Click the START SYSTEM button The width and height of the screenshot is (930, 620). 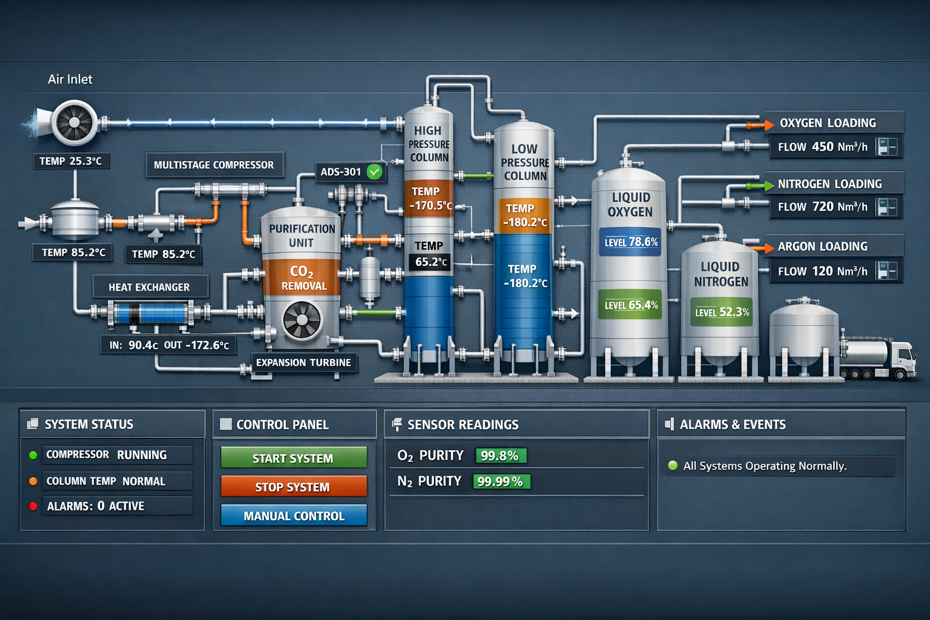tap(294, 458)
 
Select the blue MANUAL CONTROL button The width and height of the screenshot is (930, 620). tap(294, 516)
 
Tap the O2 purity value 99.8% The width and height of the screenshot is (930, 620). tap(500, 456)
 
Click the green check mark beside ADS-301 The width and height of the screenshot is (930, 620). tap(375, 172)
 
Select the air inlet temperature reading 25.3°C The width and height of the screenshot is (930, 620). tap(71, 161)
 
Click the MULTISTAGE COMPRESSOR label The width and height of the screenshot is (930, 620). tap(214, 165)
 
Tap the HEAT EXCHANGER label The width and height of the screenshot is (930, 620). tap(149, 287)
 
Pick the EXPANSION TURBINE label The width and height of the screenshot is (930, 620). tap(303, 363)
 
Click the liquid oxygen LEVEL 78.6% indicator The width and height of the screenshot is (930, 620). tap(630, 242)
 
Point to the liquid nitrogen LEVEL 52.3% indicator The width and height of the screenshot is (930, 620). tap(722, 312)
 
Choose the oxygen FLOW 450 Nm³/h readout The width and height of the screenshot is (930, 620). tap(822, 147)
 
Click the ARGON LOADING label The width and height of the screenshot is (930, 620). tap(822, 246)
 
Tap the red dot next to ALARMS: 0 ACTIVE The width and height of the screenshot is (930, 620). tap(33, 506)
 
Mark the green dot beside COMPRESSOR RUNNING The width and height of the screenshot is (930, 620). tap(33, 455)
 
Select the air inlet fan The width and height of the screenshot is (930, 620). tap(74, 123)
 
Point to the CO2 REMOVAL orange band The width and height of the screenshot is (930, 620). tap(301, 278)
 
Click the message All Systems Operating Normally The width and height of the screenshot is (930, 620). tap(764, 466)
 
